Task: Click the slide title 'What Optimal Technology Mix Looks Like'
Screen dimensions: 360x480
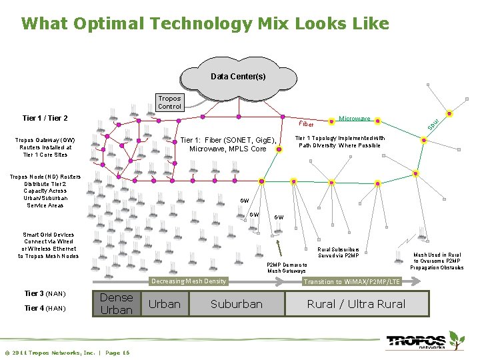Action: point(205,24)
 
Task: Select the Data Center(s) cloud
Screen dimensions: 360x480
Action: point(237,77)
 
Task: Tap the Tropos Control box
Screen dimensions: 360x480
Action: point(169,103)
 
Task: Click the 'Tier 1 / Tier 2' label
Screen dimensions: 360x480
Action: point(45,119)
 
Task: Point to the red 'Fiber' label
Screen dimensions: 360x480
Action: point(306,124)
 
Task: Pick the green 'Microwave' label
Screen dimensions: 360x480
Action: point(355,119)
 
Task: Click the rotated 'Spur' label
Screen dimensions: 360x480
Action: point(434,123)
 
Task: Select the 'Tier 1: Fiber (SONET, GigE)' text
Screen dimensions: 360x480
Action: point(228,144)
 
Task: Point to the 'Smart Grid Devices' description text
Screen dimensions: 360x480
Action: point(48,245)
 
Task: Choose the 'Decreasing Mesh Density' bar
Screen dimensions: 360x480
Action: point(189,281)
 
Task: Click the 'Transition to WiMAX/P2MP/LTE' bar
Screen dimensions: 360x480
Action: point(351,282)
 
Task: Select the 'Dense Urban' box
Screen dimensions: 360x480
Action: point(116,304)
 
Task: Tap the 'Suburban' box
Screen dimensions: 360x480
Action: point(236,304)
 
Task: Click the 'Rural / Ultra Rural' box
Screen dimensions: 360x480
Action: point(355,304)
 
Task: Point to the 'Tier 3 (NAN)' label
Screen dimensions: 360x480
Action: point(45,293)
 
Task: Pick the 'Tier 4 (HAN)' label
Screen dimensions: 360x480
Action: point(45,308)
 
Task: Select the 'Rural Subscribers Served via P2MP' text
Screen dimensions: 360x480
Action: point(338,253)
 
